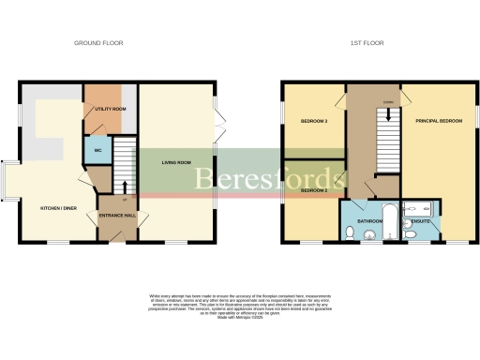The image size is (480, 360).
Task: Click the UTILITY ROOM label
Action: click(111, 110)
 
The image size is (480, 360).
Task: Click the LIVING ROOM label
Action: click(175, 162)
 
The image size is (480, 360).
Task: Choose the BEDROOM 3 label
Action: click(314, 122)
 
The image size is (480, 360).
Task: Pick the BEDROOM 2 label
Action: click(314, 191)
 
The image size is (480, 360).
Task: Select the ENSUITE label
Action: click(421, 222)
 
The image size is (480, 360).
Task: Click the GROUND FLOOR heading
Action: click(98, 43)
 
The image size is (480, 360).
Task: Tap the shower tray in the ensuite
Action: click(416, 207)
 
